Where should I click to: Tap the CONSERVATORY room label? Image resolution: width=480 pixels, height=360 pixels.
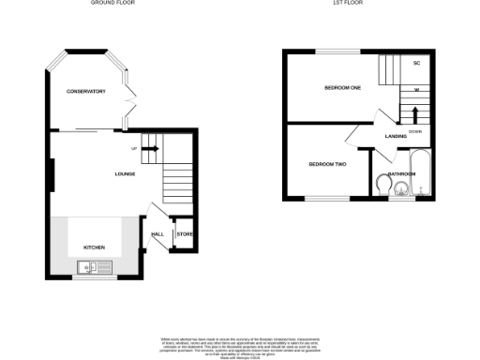[x=85, y=91]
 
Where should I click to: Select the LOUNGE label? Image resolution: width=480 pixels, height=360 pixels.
[x=125, y=173]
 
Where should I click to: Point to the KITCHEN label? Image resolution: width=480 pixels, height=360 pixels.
[x=95, y=247]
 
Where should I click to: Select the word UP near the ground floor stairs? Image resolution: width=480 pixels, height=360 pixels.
[x=134, y=148]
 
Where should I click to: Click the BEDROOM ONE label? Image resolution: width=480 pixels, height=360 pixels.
[x=342, y=88]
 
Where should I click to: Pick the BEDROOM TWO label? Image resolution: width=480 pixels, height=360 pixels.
[x=327, y=164]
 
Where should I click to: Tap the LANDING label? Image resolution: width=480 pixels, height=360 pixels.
[x=395, y=137]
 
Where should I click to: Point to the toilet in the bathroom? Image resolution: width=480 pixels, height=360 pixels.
[x=383, y=184]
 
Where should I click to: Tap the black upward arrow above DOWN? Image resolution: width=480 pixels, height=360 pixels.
[x=414, y=112]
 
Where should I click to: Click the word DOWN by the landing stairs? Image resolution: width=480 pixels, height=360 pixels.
[x=414, y=130]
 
